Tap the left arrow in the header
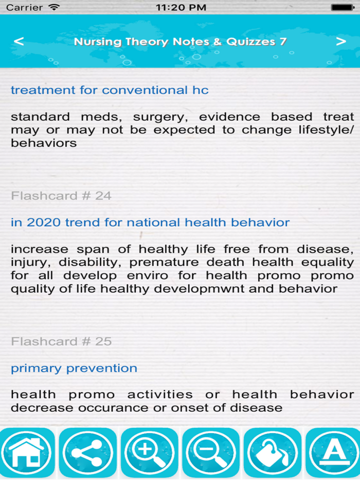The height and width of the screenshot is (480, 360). click(x=19, y=42)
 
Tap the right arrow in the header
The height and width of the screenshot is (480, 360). click(x=341, y=42)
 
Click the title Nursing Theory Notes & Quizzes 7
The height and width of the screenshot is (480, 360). click(x=180, y=42)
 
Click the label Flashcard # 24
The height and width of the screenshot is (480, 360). click(x=61, y=196)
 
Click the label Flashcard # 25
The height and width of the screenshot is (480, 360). click(x=61, y=341)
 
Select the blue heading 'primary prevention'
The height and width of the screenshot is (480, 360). click(x=74, y=368)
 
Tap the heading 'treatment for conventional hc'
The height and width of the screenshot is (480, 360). click(x=110, y=90)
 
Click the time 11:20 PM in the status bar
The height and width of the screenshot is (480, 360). click(x=181, y=8)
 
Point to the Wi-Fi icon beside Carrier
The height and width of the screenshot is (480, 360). click(x=53, y=8)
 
